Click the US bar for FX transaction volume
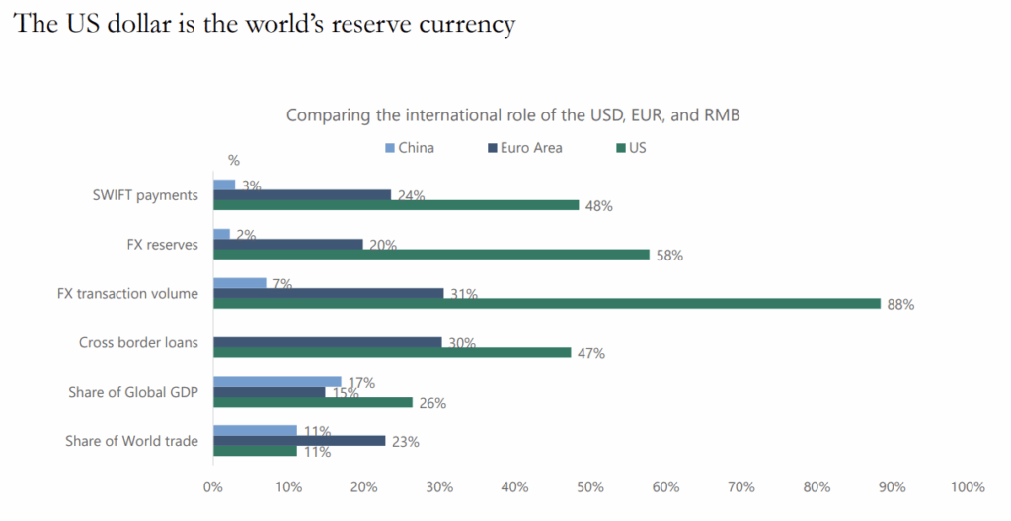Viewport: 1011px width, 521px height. (x=546, y=304)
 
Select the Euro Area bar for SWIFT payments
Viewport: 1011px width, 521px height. (x=302, y=195)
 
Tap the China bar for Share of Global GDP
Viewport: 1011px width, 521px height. (x=277, y=382)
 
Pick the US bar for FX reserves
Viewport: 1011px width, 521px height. (x=431, y=255)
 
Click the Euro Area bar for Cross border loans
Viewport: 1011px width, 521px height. (x=328, y=342)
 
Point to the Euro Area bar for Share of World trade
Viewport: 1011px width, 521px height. (x=299, y=441)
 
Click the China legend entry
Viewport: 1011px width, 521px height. (x=410, y=148)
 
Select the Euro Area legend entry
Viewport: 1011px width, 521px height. (x=523, y=148)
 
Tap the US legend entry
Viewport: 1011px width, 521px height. (x=631, y=148)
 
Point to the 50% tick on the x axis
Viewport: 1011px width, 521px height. (x=589, y=487)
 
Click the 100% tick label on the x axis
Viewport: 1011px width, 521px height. (x=967, y=487)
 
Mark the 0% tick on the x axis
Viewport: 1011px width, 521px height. (x=212, y=487)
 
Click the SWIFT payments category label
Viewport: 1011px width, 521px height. (x=145, y=195)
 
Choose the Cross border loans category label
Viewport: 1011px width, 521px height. (x=138, y=342)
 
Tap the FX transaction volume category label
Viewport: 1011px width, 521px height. (x=127, y=293)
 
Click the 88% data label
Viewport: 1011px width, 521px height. (x=899, y=305)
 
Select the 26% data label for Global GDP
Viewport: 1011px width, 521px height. (x=431, y=403)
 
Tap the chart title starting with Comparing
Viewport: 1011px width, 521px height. (x=513, y=115)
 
